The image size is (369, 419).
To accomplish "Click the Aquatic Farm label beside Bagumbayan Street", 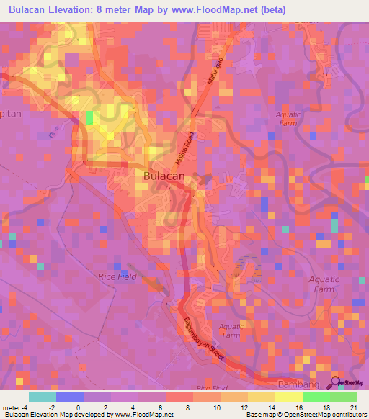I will (x=230, y=330).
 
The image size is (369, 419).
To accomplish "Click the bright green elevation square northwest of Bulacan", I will (x=89, y=117).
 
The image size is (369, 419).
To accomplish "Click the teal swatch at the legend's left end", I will (x=43, y=397).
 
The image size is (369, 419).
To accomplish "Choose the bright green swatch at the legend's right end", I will (x=344, y=397).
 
